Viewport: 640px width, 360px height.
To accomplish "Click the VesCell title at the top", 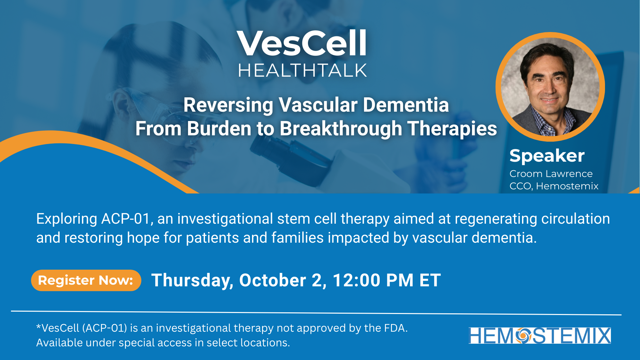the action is [x=302, y=43].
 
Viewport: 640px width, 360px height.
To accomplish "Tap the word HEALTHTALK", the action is [x=302, y=71].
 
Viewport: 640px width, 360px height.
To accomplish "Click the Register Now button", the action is [x=86, y=280].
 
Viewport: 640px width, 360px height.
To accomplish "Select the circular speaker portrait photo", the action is [x=550, y=87].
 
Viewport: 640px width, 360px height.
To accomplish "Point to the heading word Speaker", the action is [x=547, y=156].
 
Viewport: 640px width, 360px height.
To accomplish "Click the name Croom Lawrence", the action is [x=551, y=174].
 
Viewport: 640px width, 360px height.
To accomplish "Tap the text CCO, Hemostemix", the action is [x=554, y=186].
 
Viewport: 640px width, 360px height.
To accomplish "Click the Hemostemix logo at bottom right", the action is [x=540, y=335].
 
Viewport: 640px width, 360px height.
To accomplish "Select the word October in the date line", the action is [x=273, y=280].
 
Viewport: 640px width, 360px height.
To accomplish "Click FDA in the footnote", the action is [x=395, y=328].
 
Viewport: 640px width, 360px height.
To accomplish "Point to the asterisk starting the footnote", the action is [x=38, y=326].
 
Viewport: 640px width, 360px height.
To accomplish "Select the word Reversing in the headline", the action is [x=228, y=106].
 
